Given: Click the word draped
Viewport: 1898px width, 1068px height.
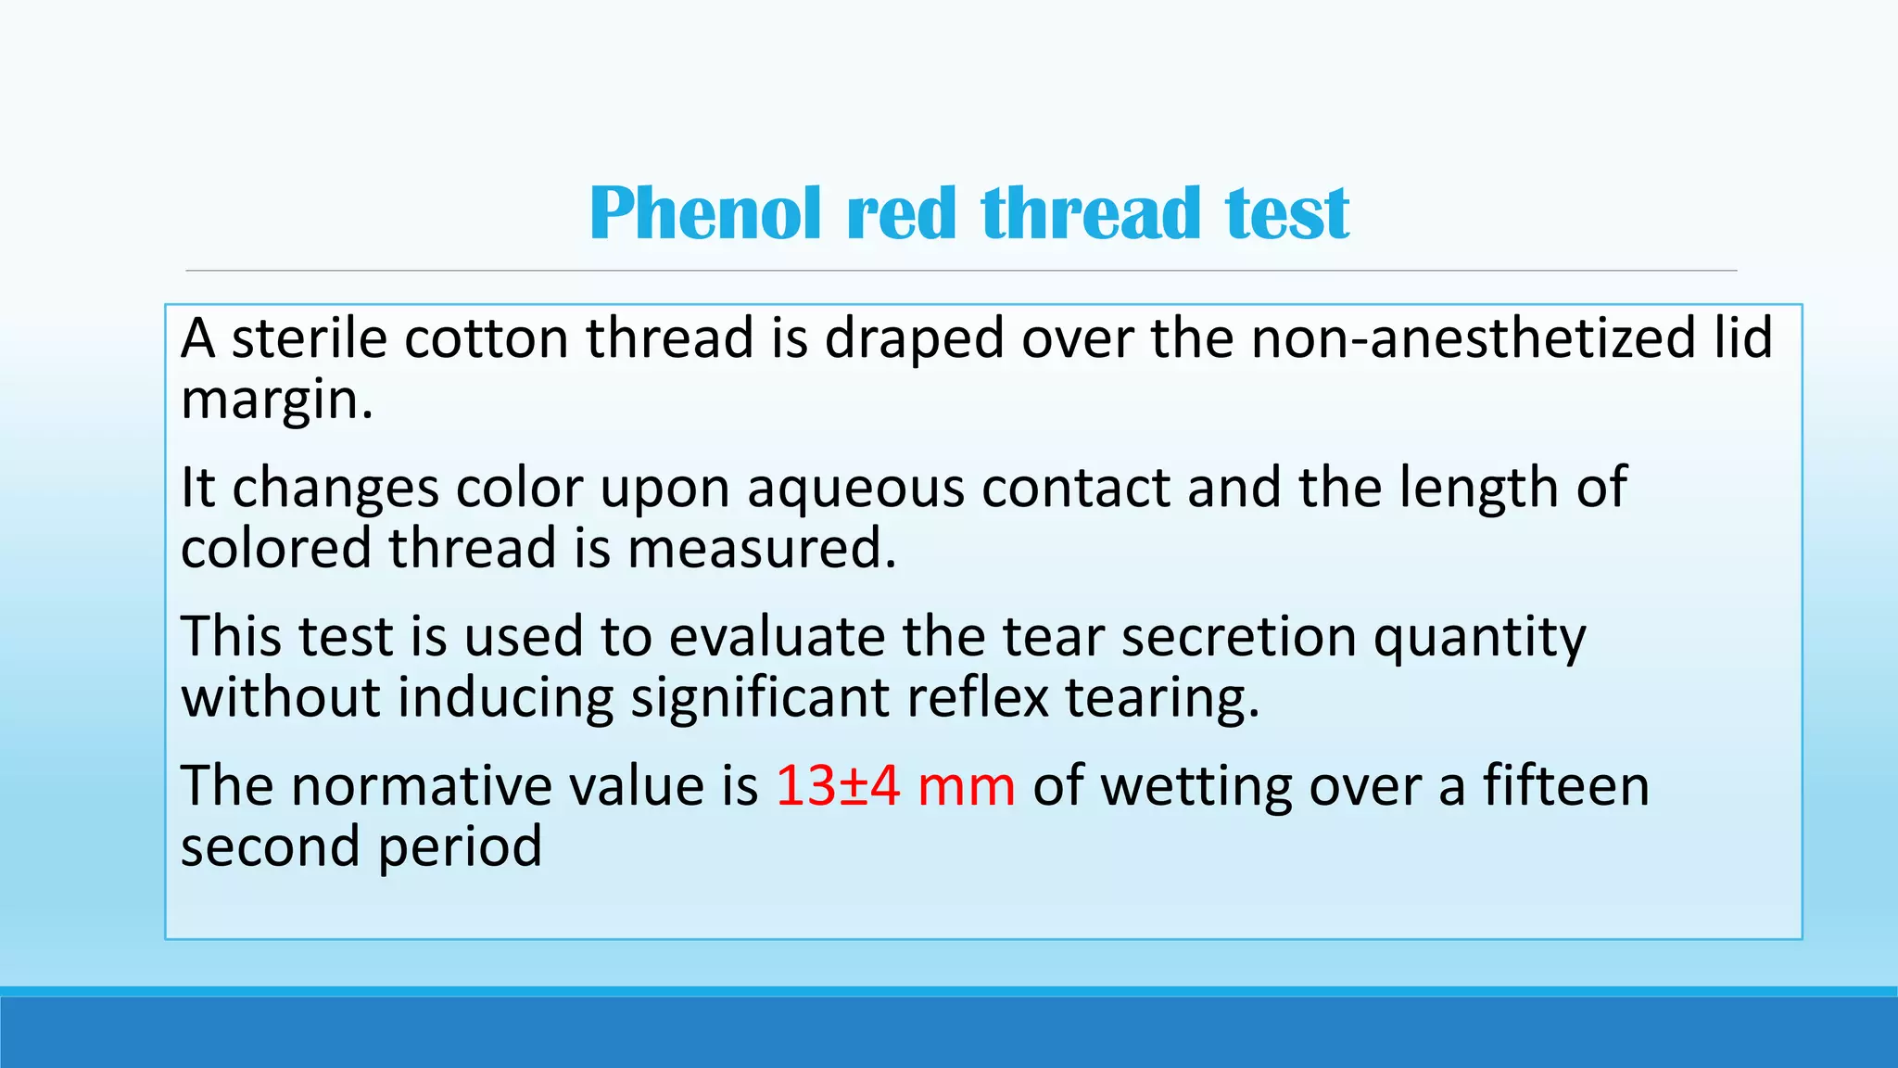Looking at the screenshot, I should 914,339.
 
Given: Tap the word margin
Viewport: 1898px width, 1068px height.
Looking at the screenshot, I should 276,400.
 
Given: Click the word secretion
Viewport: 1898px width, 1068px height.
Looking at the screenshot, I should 1238,637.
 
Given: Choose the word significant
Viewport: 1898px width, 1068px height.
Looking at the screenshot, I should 760,698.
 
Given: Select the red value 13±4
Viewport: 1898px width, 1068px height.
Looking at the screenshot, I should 838,786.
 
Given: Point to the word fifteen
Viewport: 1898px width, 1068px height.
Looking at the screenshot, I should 1565,786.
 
